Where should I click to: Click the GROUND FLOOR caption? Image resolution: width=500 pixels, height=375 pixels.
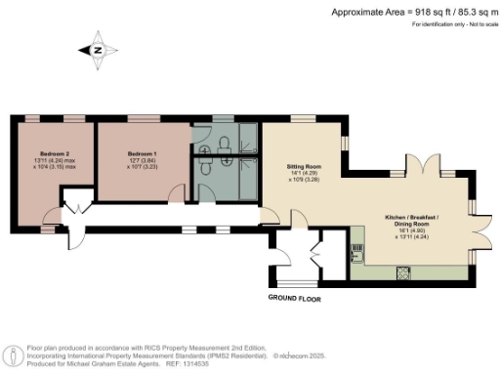295,296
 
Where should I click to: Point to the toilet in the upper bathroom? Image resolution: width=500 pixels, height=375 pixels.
226,143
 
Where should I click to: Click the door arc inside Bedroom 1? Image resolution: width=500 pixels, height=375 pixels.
107,176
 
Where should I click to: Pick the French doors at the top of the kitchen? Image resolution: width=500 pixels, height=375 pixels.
427,165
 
